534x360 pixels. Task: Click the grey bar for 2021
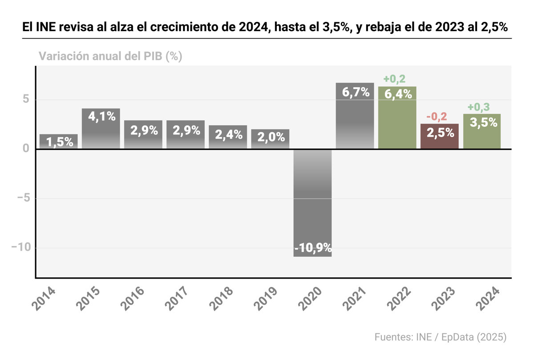[x=355, y=120]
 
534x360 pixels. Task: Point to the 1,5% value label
[x=58, y=142]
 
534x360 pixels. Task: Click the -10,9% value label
[x=312, y=247]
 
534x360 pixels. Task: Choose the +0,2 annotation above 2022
[x=395, y=80]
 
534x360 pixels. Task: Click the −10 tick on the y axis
[x=22, y=248]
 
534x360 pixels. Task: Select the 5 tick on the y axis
[x=26, y=100]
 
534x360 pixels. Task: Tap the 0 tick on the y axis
[x=26, y=149]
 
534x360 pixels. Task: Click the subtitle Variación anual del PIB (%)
[x=110, y=57]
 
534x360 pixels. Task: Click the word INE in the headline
[x=45, y=28]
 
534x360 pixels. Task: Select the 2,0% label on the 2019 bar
[x=270, y=137]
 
